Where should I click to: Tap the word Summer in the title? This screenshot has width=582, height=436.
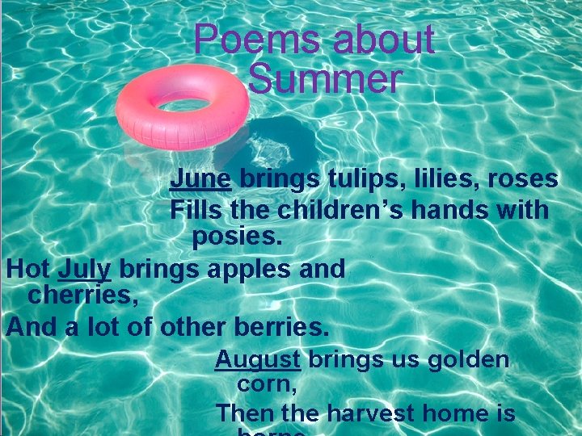pos(324,79)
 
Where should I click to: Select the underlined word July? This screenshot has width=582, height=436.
pos(85,269)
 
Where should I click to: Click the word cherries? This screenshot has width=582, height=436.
pos(83,296)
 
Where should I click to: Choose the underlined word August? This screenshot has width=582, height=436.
pos(258,358)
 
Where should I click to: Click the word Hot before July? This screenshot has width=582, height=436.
pos(28,269)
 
